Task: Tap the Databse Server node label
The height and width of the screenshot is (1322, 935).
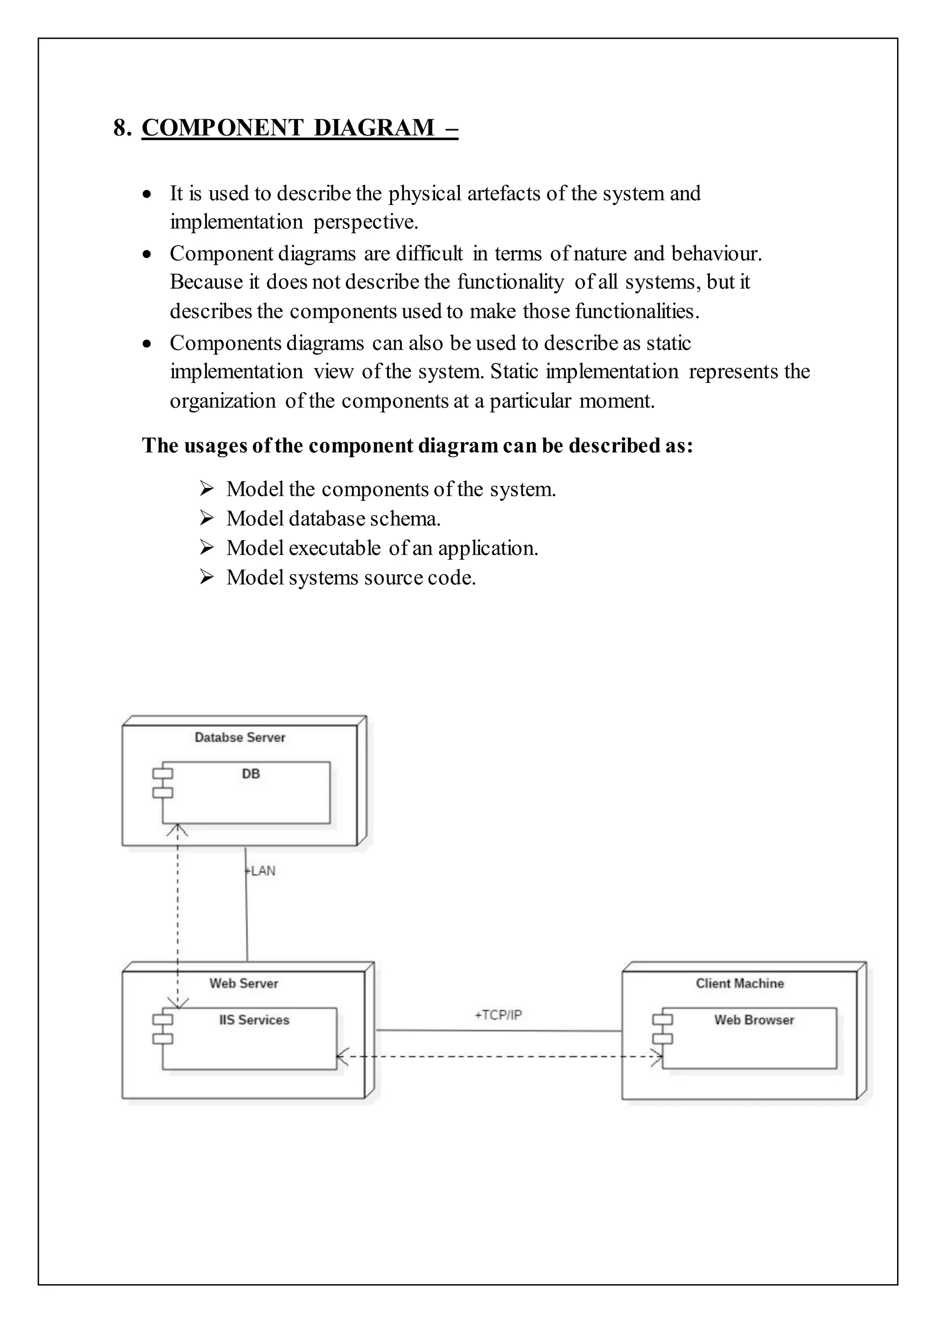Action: (240, 738)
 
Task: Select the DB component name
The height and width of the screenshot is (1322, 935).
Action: (251, 774)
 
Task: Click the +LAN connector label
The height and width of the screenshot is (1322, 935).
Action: (261, 871)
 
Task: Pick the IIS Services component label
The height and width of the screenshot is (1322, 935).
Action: (254, 1020)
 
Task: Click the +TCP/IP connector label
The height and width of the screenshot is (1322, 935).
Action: (498, 1014)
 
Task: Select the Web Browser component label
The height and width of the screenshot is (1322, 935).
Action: (754, 1020)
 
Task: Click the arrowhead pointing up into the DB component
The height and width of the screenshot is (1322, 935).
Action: (177, 830)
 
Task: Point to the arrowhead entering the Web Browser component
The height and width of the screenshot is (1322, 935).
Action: (657, 1057)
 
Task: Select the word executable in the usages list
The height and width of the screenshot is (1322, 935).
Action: (335, 548)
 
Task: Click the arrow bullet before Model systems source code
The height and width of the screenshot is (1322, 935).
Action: (207, 577)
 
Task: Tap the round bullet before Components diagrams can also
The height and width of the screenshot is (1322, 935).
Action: (147, 344)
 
